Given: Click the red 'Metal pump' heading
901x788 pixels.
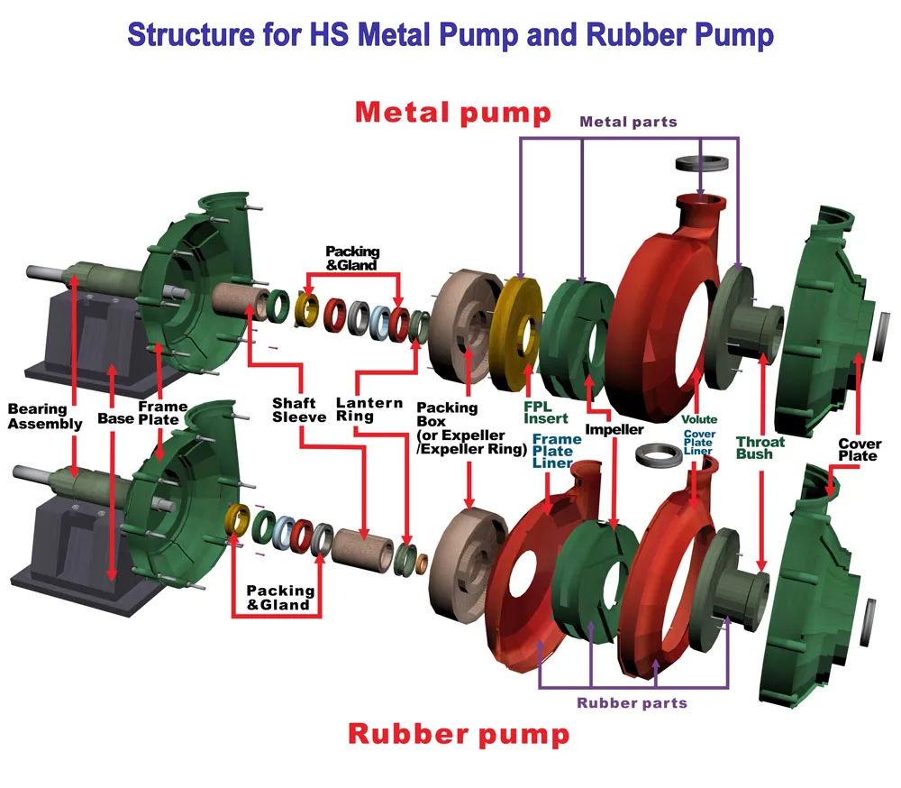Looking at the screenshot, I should [x=452, y=113].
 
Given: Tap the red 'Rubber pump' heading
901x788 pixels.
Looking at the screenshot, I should [x=459, y=734].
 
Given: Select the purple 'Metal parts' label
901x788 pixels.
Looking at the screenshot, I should [x=628, y=122].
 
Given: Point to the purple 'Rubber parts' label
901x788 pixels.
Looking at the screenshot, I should [x=632, y=703].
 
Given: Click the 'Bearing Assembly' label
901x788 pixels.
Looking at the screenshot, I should [x=45, y=417].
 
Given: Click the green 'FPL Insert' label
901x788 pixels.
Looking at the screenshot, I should [x=546, y=412].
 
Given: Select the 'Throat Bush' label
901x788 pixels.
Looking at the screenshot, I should [x=760, y=448].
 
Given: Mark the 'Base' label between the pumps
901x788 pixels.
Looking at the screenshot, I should [x=115, y=419].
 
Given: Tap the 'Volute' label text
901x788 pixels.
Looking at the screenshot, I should [x=699, y=419].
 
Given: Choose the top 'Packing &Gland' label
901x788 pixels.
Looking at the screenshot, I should [x=352, y=257].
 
